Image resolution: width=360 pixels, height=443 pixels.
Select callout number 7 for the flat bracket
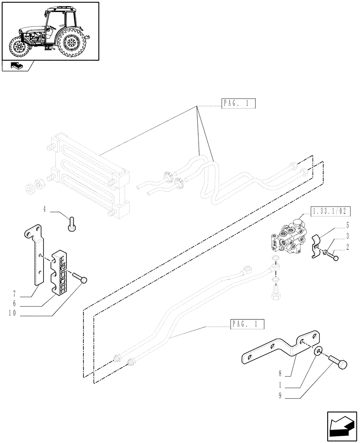15,294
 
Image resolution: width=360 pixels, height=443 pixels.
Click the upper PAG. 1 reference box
237,105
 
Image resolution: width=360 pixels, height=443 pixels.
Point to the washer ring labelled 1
318,351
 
